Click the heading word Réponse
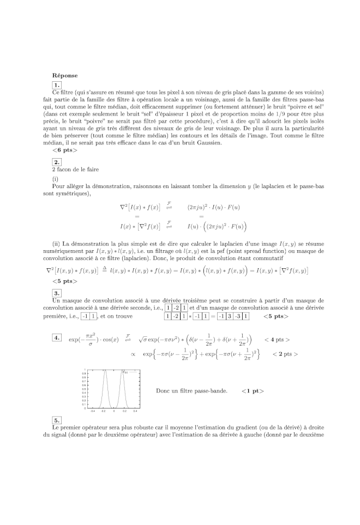click(65, 75)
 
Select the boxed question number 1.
click(57, 85)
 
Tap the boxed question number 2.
click(57, 162)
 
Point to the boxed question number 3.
click(57, 293)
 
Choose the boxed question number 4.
click(57, 338)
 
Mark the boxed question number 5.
click(57, 420)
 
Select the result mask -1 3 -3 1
click(233, 316)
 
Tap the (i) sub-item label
click(55, 179)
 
